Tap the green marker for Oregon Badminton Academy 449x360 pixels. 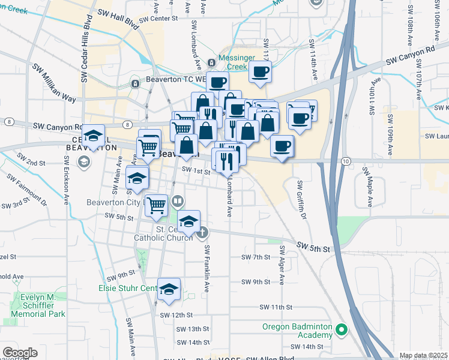(x=342, y=329)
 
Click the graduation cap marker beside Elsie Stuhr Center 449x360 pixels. (x=169, y=289)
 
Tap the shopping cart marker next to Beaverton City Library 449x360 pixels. (x=156, y=205)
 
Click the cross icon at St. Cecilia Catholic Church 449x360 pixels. (x=203, y=232)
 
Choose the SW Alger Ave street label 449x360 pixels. (x=281, y=265)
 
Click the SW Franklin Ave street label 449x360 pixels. (x=206, y=268)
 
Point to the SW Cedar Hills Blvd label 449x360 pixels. (x=85, y=55)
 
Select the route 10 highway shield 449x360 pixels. (x=345, y=161)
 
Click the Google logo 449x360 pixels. (x=20, y=353)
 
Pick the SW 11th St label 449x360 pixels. (x=275, y=307)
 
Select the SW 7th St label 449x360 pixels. (x=256, y=257)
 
